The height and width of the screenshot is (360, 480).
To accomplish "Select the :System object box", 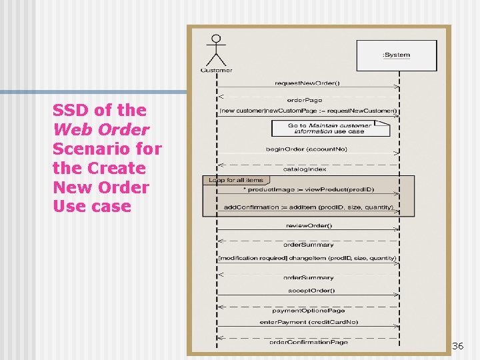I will [397, 55].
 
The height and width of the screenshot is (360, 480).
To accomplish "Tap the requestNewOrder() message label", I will [307, 83].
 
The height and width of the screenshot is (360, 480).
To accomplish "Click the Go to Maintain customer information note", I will [330, 128].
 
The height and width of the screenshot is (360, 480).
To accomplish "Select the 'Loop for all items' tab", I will [235, 180].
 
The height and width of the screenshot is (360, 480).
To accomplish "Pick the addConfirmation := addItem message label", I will [308, 207].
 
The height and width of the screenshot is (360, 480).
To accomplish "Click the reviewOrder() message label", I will [309, 225].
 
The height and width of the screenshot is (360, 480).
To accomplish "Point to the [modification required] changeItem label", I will [307, 258].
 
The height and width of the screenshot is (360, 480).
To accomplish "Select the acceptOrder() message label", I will [311, 291].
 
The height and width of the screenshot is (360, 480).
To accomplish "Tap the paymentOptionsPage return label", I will [309, 310].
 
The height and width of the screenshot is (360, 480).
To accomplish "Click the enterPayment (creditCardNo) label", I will [309, 323].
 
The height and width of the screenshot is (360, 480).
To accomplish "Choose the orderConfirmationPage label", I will [309, 342].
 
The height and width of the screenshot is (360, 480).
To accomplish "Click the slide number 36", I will [457, 346].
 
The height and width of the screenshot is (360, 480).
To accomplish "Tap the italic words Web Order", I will [101, 129].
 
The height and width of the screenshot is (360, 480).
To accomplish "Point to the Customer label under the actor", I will [216, 70].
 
